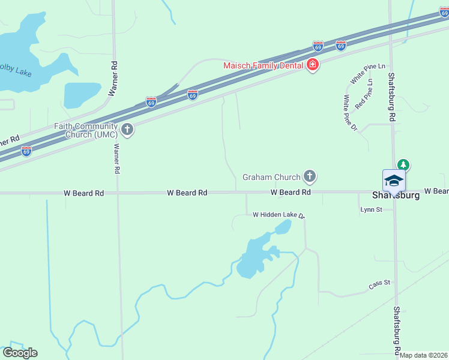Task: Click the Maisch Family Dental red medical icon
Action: pos(312,65)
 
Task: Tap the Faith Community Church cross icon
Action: pos(127,129)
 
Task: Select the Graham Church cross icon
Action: pos(309,176)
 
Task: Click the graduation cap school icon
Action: pos(394,181)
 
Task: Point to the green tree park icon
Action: pos(404,164)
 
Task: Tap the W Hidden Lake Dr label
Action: pos(279,214)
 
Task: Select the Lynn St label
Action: pos(370,210)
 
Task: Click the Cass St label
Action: pos(379,283)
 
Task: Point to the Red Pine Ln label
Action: pos(364,94)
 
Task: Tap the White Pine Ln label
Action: pos(367,73)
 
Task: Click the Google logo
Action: pos(20,352)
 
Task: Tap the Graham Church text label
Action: pos(271,177)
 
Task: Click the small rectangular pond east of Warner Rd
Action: pos(82,94)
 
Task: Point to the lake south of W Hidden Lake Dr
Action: pos(255,255)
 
